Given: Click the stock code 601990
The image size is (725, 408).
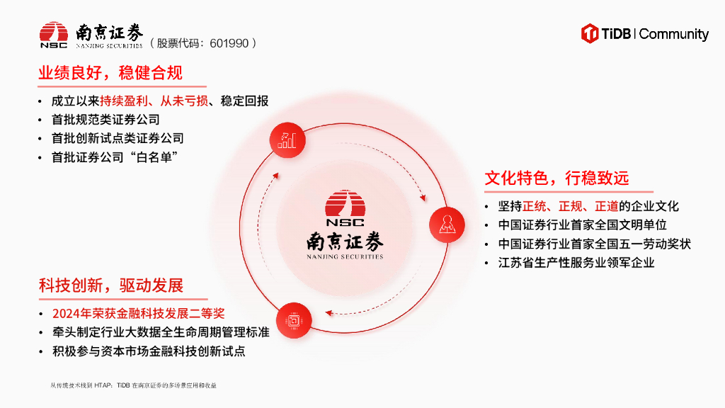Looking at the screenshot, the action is point(229,43).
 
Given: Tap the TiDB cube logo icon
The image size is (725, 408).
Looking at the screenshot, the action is point(590,33).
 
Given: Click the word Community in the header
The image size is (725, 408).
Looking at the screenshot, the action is point(673,34).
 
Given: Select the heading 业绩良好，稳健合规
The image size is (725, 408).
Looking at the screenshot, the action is point(110,73).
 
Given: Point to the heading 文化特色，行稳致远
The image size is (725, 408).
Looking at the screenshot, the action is point(556,178).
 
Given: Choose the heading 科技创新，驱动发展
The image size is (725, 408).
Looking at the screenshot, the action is point(111,285).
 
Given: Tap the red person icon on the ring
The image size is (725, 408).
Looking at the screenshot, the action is point(447,225).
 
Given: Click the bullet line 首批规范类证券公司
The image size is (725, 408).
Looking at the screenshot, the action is point(105,120).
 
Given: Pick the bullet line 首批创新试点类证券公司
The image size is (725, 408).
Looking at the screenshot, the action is point(118,138).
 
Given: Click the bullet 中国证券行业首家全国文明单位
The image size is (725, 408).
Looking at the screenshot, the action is point(582,225).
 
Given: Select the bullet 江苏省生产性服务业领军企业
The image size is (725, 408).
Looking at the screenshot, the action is point(576,262).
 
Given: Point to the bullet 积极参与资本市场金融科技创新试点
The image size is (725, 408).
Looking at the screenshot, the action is point(148,351).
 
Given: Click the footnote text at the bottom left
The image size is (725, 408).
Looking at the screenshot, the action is point(133,385).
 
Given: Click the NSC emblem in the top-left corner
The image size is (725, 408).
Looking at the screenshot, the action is point(54,35).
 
